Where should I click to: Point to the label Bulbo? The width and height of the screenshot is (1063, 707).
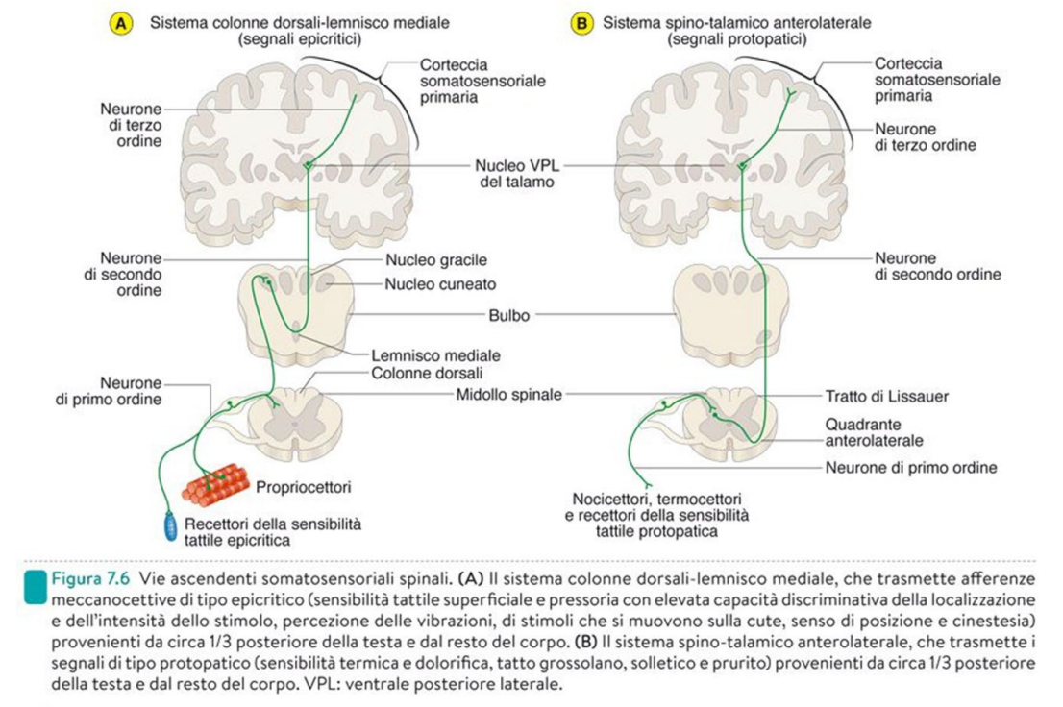(508, 314)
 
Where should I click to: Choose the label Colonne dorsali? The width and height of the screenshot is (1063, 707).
(427, 373)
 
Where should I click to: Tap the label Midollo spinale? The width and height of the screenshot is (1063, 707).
(509, 394)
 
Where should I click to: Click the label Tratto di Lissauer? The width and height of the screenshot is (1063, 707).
(888, 395)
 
